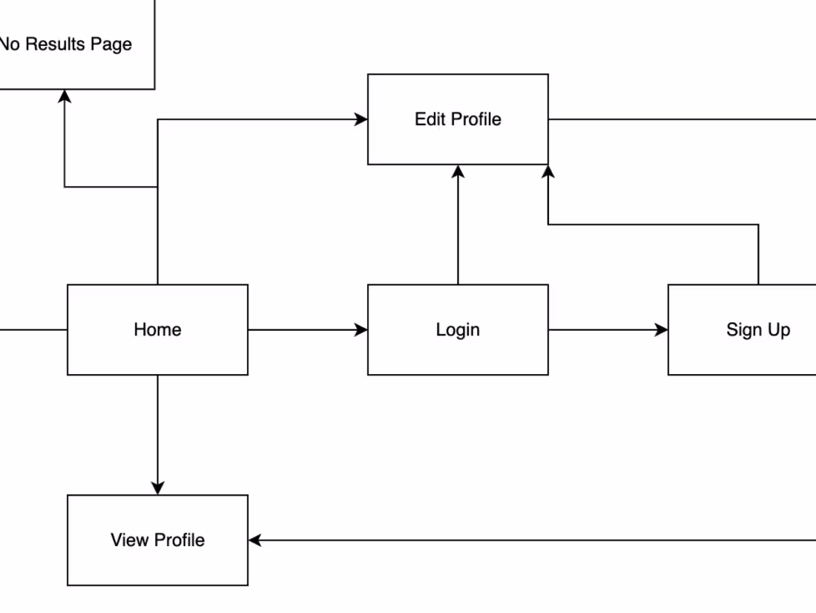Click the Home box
point(157,330)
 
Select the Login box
point(458,330)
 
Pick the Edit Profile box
point(458,119)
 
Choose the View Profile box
point(157,540)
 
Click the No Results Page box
point(74,45)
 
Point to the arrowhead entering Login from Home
point(361,330)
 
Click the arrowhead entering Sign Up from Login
point(662,330)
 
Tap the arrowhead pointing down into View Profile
point(157,488)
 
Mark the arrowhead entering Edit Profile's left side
point(361,119)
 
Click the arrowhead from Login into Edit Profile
point(458,171)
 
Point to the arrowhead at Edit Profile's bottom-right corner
point(548,171)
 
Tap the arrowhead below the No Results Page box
point(65,96)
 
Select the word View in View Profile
point(129,540)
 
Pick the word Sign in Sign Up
point(742,330)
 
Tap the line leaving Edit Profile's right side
point(682,119)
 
